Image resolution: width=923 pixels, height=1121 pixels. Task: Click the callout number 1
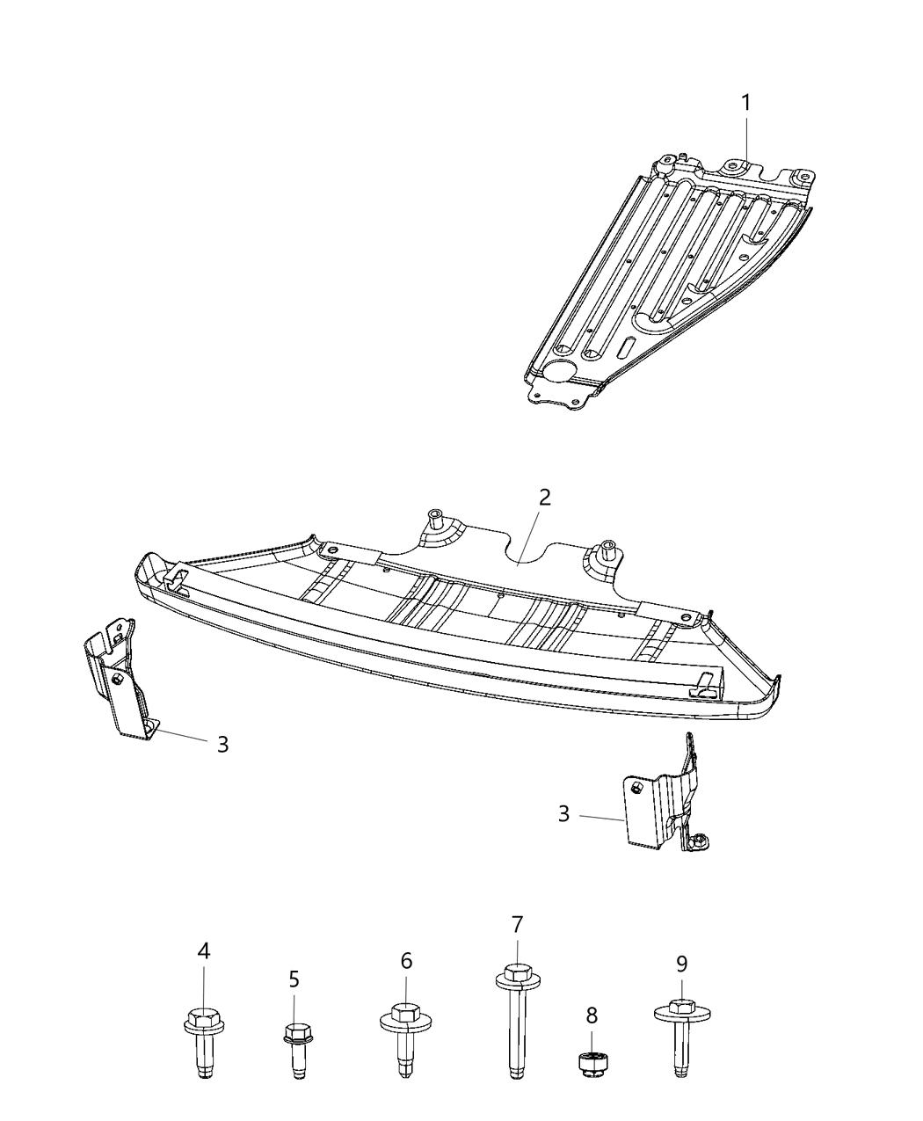click(745, 103)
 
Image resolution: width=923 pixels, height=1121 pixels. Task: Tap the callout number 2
click(544, 497)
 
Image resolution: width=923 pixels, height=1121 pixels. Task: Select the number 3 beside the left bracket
click(222, 745)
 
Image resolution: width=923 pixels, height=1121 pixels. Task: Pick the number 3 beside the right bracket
click(563, 814)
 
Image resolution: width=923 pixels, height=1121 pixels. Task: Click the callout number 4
click(203, 950)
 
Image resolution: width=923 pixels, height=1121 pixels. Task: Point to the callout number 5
click(294, 979)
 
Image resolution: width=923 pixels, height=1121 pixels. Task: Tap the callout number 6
click(406, 961)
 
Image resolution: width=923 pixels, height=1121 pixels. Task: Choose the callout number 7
click(517, 924)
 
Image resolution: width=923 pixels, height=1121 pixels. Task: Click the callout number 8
click(592, 1015)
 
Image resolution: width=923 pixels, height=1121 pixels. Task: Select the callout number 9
click(681, 963)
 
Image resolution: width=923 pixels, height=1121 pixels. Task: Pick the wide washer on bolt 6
click(404, 1022)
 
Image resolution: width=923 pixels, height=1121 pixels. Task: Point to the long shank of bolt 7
click(517, 1029)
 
